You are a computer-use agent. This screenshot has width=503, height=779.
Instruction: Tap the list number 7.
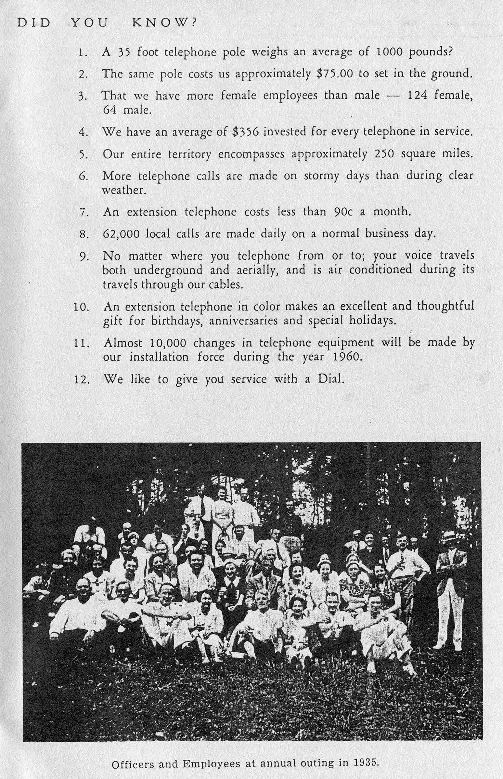tap(82, 213)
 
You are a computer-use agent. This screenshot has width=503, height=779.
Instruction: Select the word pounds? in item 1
tap(430, 52)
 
